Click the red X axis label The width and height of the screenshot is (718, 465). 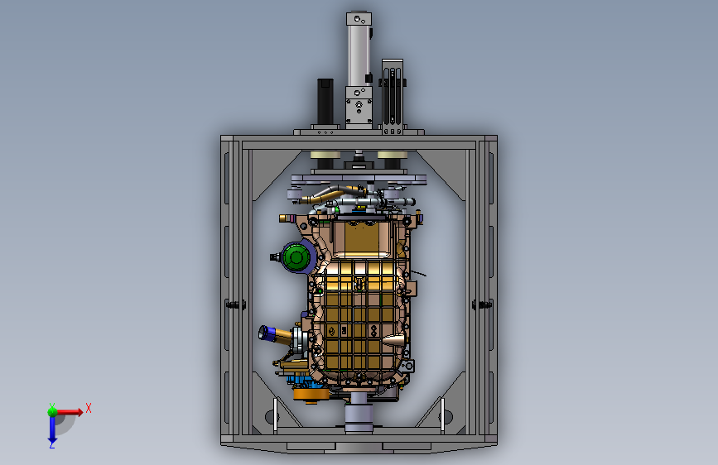click(89, 408)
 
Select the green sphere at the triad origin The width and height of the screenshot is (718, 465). click(53, 412)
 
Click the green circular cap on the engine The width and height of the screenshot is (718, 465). click(296, 257)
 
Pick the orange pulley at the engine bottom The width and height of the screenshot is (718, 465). click(311, 395)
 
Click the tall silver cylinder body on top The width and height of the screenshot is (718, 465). click(359, 55)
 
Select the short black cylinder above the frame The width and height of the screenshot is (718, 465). click(325, 101)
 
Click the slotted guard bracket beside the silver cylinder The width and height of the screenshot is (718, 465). click(393, 93)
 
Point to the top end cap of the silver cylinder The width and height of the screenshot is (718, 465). click(359, 19)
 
